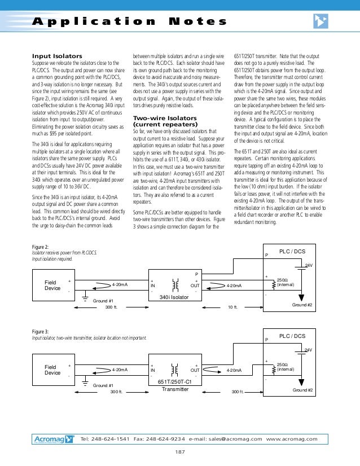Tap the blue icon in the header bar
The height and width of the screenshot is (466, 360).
(x=321, y=21)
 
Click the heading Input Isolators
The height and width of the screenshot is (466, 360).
(x=57, y=56)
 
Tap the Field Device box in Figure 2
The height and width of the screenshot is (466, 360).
(x=52, y=285)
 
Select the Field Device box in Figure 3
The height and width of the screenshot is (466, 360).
(x=52, y=370)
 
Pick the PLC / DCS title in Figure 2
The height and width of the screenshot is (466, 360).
(x=292, y=251)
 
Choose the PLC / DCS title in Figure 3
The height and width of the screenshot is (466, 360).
(x=292, y=336)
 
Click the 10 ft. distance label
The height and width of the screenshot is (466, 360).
(x=232, y=307)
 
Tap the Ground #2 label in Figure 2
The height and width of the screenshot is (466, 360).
(x=302, y=305)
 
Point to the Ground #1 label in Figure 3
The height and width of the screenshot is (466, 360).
(x=103, y=385)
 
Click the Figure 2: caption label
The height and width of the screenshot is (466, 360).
(x=40, y=247)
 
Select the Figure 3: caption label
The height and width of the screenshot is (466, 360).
(x=40, y=331)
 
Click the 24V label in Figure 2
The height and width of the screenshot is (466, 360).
(x=309, y=265)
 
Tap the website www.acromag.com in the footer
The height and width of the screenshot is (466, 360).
(x=292, y=439)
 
